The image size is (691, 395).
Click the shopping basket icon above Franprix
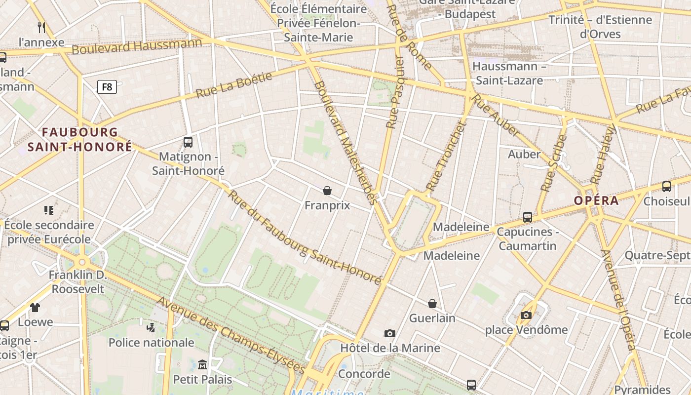(327, 191)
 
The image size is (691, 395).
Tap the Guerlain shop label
(432, 318)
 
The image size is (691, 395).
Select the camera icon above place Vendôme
(526, 315)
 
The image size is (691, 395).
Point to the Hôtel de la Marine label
(390, 348)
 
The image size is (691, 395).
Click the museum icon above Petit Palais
(202, 365)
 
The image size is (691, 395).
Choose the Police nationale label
(151, 342)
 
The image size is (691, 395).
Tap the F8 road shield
(107, 87)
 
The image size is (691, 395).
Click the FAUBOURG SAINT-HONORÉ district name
(80, 139)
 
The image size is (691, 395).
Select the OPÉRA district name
(596, 200)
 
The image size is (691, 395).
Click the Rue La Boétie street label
(234, 85)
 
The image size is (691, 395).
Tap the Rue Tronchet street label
(446, 156)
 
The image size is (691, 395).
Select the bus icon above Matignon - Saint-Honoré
(188, 142)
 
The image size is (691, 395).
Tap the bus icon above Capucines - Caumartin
(528, 217)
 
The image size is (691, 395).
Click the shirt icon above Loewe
(35, 308)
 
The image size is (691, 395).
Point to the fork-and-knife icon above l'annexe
(41, 27)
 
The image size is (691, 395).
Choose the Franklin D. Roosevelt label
(78, 281)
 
